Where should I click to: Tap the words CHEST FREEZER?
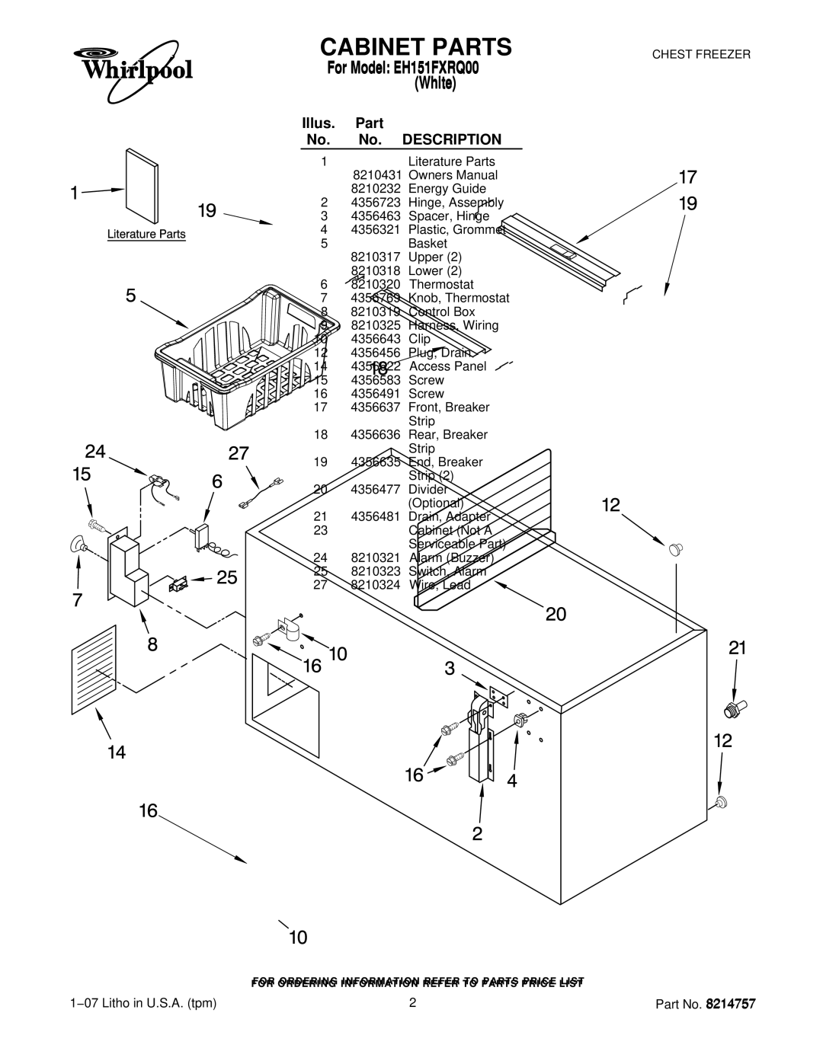(x=700, y=55)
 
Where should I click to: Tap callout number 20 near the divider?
(x=556, y=614)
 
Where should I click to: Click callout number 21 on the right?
(x=736, y=648)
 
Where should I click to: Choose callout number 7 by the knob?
(x=78, y=600)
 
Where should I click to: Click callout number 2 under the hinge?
(x=476, y=833)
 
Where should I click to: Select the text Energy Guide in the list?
(x=447, y=189)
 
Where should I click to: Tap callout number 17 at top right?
(x=687, y=177)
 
